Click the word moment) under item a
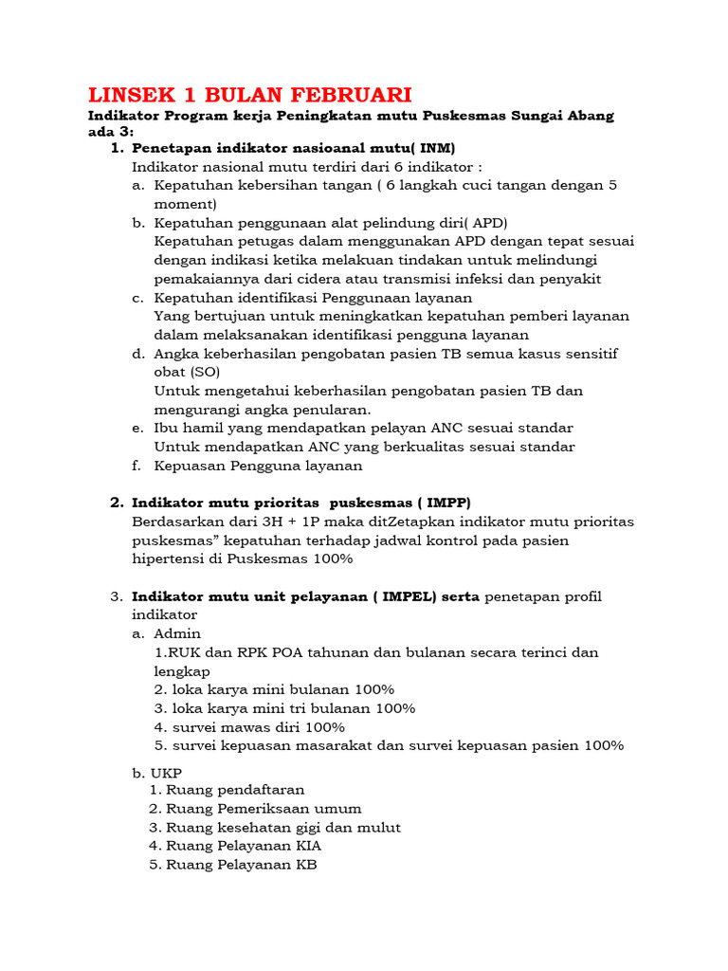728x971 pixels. [x=186, y=204]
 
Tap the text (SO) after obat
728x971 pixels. [x=205, y=372]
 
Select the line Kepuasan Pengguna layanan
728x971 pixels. [x=258, y=466]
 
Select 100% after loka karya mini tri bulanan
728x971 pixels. [x=395, y=708]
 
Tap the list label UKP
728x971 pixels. [x=168, y=774]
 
